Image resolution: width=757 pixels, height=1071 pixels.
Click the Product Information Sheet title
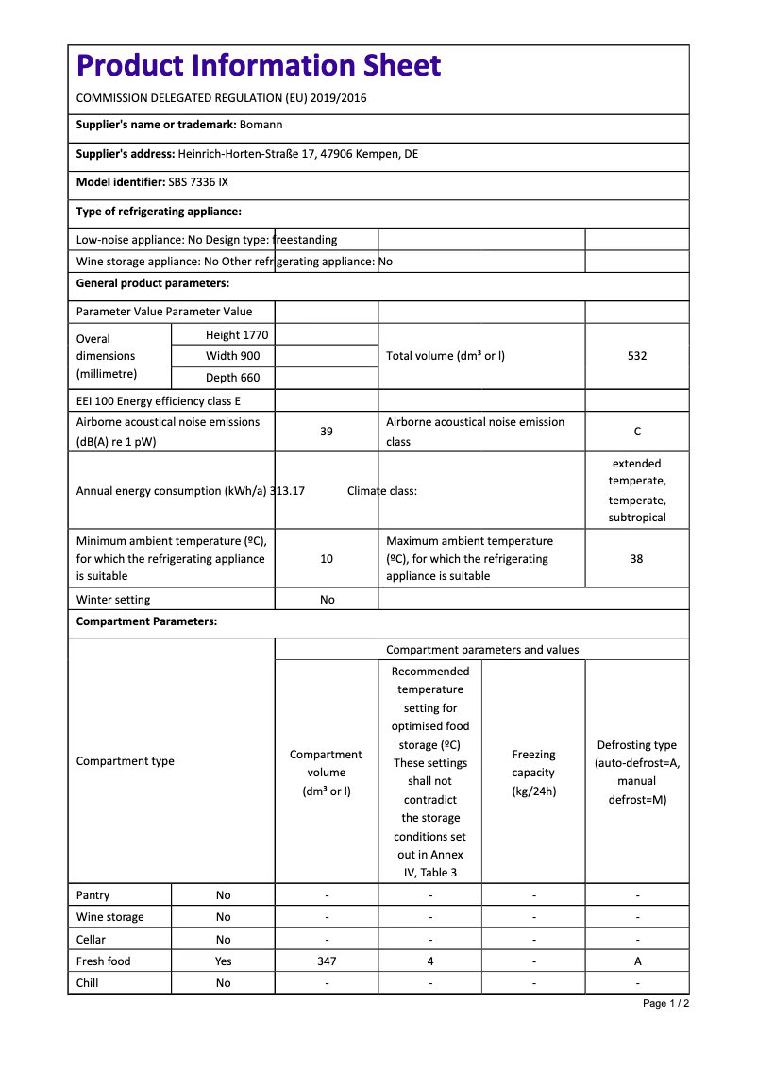[259, 66]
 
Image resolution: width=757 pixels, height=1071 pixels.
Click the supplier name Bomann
[261, 125]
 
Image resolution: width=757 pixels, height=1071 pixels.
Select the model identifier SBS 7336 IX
[197, 182]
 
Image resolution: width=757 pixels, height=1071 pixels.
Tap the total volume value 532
[637, 356]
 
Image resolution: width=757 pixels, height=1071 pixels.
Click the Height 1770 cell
[237, 335]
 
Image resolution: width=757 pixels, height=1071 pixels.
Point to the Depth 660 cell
[233, 378]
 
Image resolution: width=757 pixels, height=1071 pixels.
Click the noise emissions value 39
[327, 432]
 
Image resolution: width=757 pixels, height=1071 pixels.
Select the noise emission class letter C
[637, 432]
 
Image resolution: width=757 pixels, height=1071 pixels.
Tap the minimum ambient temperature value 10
[327, 559]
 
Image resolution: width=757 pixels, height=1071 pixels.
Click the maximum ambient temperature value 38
[637, 559]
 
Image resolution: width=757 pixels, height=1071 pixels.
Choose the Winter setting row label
[113, 600]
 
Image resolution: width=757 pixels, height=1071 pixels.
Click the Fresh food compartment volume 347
[327, 961]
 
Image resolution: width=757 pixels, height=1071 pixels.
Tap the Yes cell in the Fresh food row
[223, 961]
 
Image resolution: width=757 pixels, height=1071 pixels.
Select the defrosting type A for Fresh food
[637, 961]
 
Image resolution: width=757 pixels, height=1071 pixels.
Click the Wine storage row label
[110, 917]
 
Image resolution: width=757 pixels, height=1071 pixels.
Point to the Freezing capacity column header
[533, 773]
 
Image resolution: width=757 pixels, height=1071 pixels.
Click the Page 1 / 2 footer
[665, 1003]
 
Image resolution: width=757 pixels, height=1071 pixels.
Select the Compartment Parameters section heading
[146, 621]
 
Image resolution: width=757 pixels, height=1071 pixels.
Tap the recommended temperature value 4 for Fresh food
[430, 961]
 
